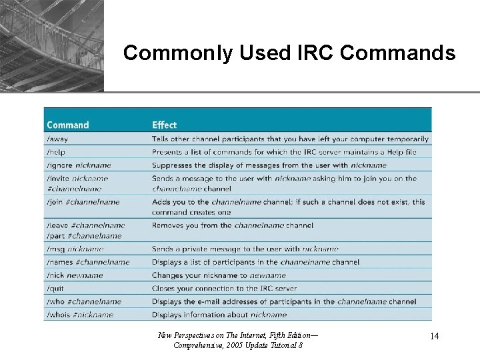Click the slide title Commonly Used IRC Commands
289,53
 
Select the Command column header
67,125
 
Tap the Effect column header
164,125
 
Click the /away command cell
57,139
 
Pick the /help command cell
57,152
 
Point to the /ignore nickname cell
79,165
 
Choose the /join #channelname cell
83,202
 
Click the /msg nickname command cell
75,249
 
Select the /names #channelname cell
88,262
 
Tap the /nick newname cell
75,275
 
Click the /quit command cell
57,289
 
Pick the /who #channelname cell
84,301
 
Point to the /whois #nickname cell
80,315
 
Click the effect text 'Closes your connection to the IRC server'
224,289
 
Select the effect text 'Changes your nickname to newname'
219,275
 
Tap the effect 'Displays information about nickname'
219,315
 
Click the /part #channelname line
84,235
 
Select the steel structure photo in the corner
51,45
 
